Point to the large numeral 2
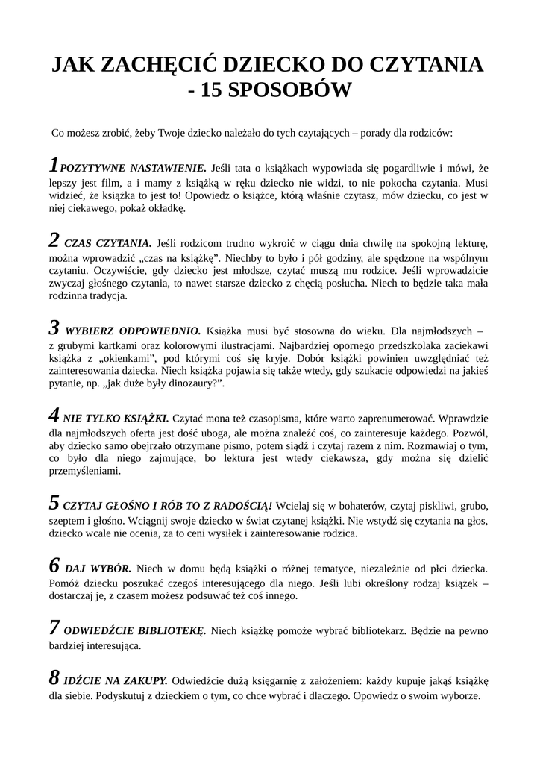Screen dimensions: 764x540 (x=54, y=240)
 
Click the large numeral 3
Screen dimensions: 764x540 (x=54, y=328)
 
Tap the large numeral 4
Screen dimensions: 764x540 (x=54, y=416)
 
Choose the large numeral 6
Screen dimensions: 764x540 (x=54, y=565)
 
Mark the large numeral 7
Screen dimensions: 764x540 (x=54, y=627)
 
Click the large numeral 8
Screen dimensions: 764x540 (x=54, y=678)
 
